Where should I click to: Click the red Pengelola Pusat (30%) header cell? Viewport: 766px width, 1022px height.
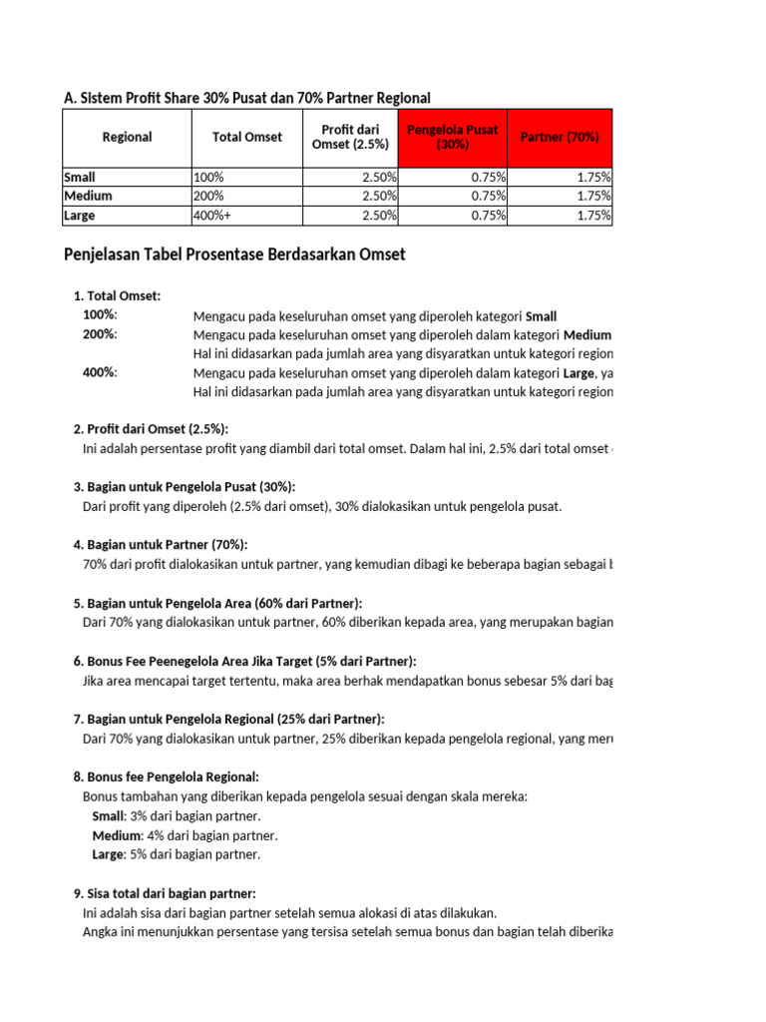[452, 138]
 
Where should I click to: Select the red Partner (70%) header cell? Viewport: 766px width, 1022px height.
[560, 138]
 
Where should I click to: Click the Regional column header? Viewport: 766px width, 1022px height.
[127, 138]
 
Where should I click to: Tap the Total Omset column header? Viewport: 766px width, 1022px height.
[247, 138]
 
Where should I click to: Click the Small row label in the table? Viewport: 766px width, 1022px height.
[80, 177]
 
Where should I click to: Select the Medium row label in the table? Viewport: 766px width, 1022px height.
[88, 196]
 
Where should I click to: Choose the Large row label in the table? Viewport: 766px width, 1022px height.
[79, 215]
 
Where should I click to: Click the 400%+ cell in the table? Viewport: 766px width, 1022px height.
[211, 215]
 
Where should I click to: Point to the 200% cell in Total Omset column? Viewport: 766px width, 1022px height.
[208, 196]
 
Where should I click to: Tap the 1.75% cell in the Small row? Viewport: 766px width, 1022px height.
[592, 177]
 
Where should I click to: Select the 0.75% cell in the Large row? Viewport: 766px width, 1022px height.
[488, 215]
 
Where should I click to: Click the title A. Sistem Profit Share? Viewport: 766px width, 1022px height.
[246, 98]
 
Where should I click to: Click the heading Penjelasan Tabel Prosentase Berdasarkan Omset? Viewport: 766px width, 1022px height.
[234, 255]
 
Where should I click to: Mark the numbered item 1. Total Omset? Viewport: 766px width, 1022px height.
[117, 296]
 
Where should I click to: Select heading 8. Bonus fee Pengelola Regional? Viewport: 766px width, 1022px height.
[166, 776]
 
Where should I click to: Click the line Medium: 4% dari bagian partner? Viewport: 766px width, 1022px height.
[185, 835]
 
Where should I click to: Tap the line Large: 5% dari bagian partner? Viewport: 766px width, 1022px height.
[176, 854]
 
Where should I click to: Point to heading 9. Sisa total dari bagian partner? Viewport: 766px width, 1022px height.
[165, 893]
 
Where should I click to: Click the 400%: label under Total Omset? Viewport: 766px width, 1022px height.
[100, 372]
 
